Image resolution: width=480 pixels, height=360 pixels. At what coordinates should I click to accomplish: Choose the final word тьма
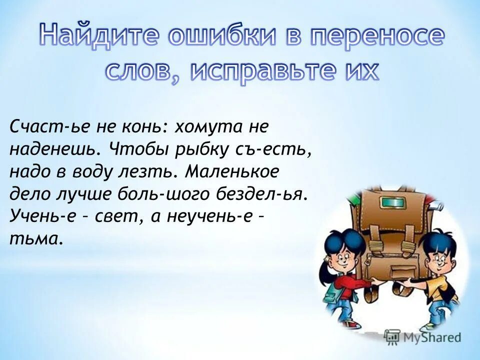coord(36,239)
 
